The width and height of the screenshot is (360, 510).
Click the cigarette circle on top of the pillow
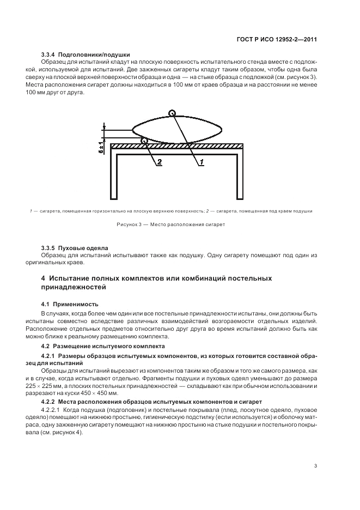[x=173, y=113]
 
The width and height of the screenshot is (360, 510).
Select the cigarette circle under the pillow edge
[x=144, y=141]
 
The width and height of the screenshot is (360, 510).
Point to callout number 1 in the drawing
[x=200, y=162]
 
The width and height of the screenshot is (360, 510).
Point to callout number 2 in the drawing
[x=159, y=162]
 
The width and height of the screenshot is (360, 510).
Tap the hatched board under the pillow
[x=218, y=146]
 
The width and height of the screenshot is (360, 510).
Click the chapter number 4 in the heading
[x=44, y=278]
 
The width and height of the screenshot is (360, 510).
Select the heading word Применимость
[x=76, y=303]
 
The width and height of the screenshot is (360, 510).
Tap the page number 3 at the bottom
[x=316, y=466]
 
